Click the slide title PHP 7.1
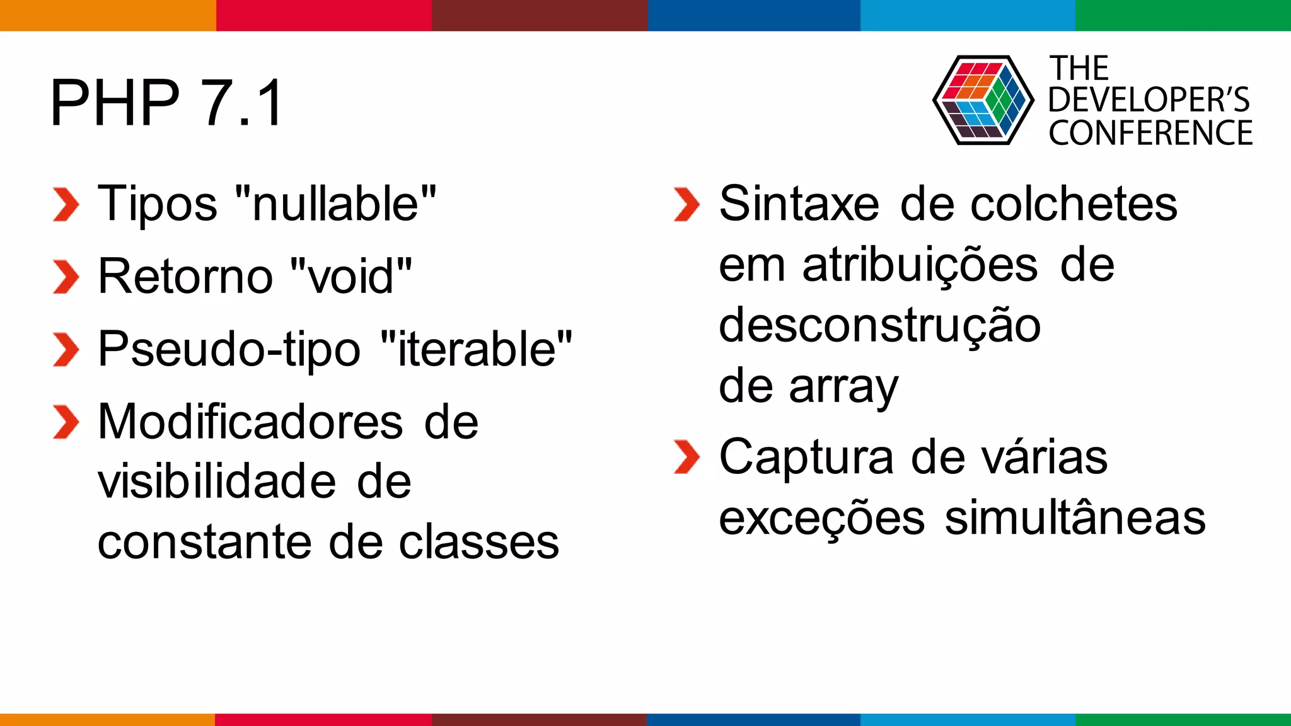(166, 103)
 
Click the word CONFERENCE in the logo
(1150, 133)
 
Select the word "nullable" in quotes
(335, 204)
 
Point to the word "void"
(352, 277)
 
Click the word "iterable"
(477, 349)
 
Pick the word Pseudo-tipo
(229, 350)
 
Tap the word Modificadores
(250, 422)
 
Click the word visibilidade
(217, 481)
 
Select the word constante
(205, 542)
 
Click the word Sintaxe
(799, 204)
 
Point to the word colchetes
(1074, 204)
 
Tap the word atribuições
(920, 265)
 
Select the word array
(843, 387)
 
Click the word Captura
(806, 457)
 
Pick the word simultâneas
(1075, 518)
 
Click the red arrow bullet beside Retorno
(66, 277)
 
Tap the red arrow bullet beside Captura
(686, 457)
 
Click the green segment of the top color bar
(1183, 15)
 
